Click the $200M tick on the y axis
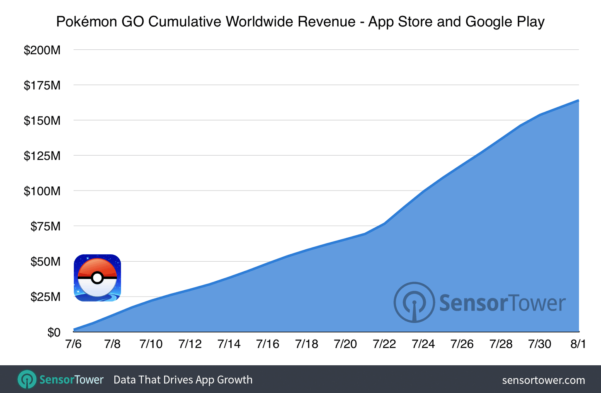[42, 50]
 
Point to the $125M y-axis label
[42, 156]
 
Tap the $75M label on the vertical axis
[45, 226]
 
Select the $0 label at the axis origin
[53, 332]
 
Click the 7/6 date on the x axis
[73, 344]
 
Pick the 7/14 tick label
[229, 344]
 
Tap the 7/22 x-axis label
[384, 344]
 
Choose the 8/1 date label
[578, 344]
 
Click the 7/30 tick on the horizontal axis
[540, 344]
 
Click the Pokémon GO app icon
[97, 278]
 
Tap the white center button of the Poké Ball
[97, 278]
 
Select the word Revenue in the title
[326, 22]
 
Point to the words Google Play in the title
[505, 22]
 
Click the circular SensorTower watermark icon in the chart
[414, 303]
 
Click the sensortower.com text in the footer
[543, 380]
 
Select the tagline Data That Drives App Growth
[183, 380]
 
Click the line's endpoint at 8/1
[578, 100]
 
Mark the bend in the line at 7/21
[365, 234]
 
